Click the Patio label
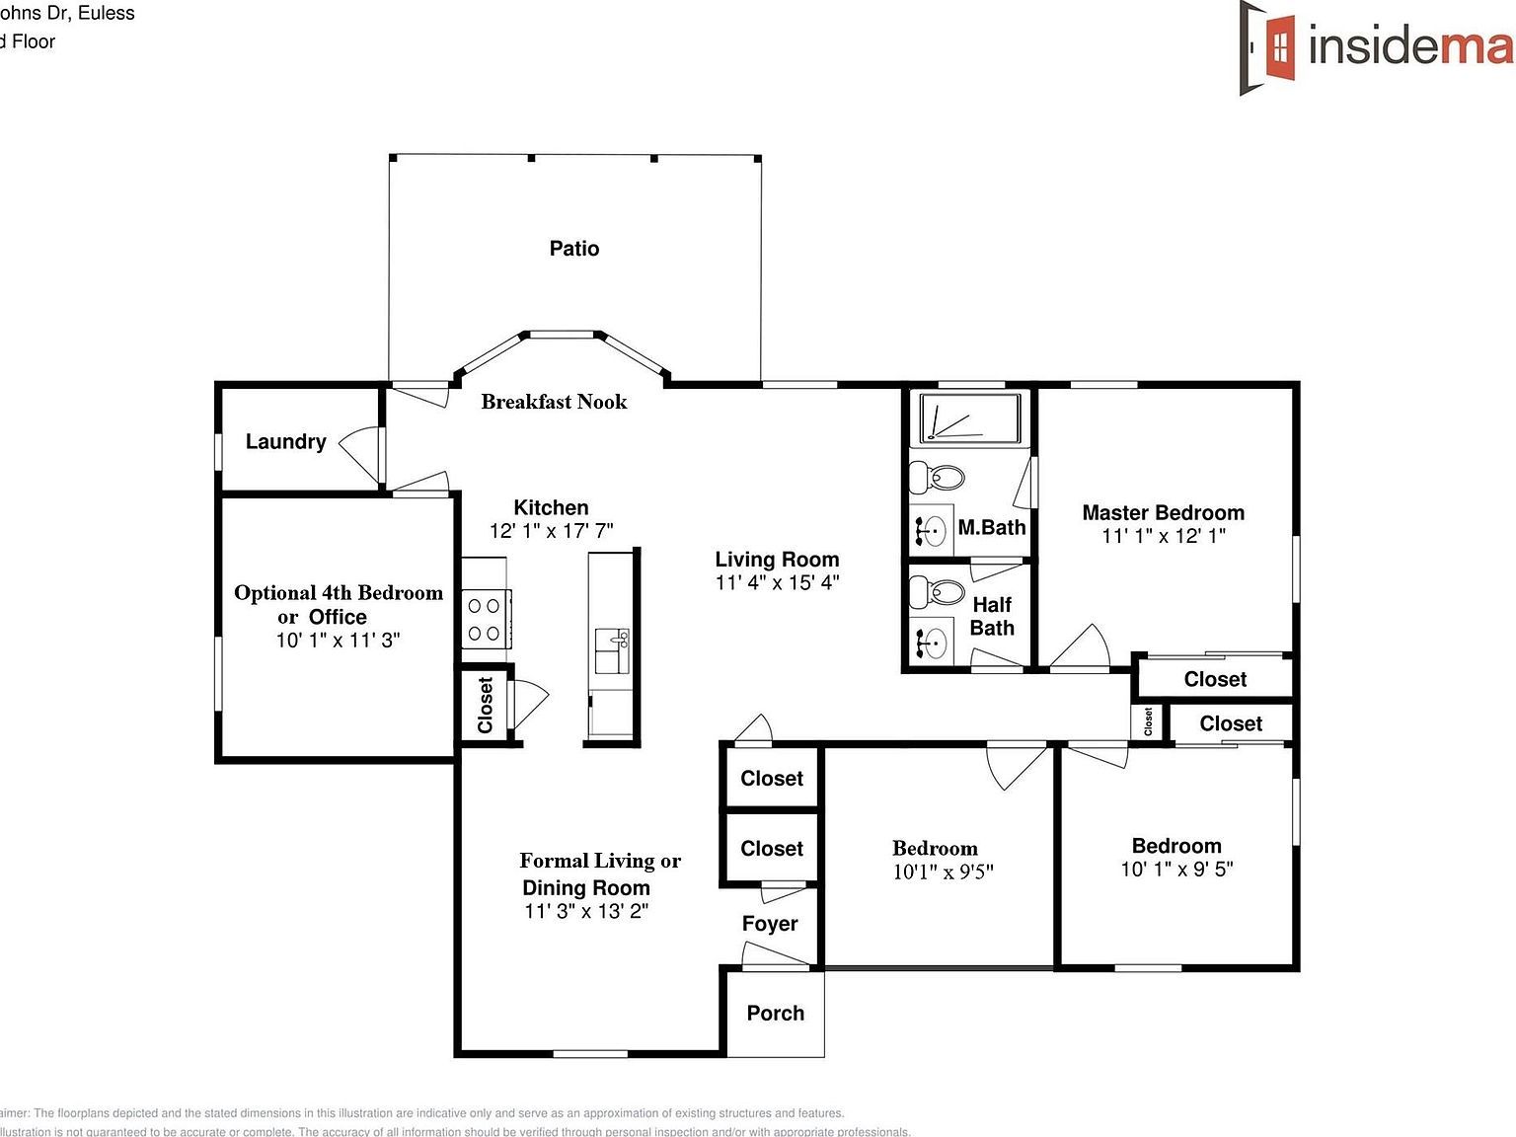click(573, 249)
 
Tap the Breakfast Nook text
click(554, 402)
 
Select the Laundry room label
click(285, 442)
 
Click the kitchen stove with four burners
click(484, 619)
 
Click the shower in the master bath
click(969, 418)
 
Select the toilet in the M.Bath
click(937, 479)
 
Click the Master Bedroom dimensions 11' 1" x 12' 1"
click(1164, 536)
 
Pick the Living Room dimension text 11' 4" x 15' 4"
click(777, 582)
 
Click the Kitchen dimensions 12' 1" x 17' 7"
click(551, 531)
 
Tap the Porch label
click(775, 1014)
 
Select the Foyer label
click(770, 924)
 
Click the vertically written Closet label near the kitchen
click(485, 705)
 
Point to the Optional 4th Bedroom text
click(338, 593)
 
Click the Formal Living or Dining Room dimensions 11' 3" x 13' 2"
click(586, 911)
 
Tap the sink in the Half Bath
click(931, 643)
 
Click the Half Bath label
click(992, 616)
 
